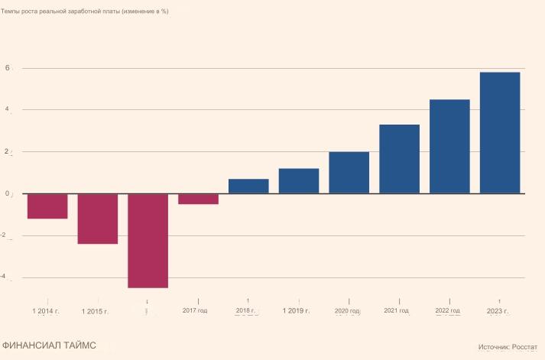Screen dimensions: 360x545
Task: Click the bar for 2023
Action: pos(500,132)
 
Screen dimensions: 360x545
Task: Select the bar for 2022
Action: pos(449,146)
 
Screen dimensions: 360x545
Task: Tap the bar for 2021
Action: pos(399,159)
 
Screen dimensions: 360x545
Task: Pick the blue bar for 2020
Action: pos(349,173)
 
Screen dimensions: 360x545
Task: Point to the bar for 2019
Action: pos(299,181)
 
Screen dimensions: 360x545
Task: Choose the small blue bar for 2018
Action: pos(248,186)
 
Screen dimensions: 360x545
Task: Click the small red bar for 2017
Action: pos(198,199)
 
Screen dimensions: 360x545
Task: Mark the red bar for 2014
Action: pos(47,206)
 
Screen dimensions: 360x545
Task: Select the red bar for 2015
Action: pos(98,219)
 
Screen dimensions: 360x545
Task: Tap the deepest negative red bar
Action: pos(148,241)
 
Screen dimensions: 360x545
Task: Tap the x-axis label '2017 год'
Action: pos(195,310)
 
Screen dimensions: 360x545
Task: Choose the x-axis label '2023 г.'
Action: pos(498,311)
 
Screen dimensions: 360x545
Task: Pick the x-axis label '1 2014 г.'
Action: pos(46,311)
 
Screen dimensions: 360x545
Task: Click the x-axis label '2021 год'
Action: pos(396,310)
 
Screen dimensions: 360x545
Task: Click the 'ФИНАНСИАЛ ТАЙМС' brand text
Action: pos(49,345)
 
